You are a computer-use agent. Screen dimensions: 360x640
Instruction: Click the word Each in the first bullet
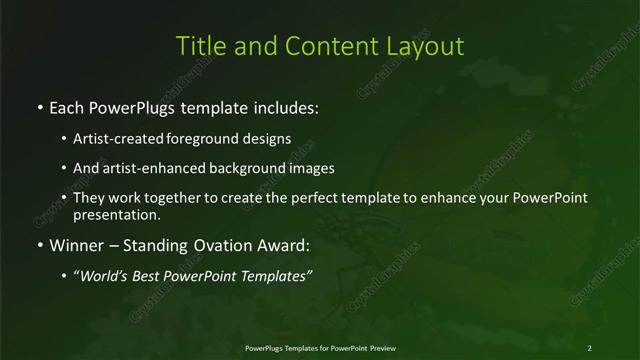(68, 106)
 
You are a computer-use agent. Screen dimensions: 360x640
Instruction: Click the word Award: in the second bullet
(285, 245)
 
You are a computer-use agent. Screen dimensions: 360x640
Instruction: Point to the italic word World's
(107, 277)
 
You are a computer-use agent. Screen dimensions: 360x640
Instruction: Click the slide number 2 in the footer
(590, 347)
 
